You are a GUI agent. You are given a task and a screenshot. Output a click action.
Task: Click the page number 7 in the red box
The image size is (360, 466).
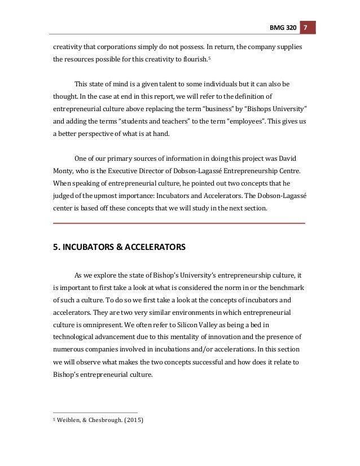click(305, 28)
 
